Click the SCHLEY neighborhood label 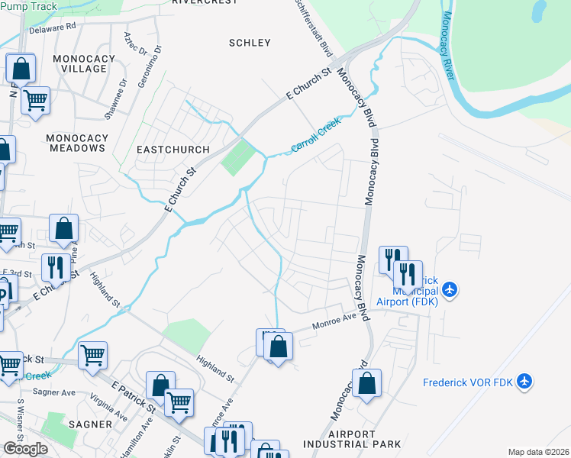click(250, 43)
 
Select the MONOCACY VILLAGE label click(84, 63)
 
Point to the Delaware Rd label click(53, 29)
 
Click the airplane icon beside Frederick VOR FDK click(524, 380)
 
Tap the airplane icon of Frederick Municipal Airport click(450, 289)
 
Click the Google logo click(25, 448)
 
